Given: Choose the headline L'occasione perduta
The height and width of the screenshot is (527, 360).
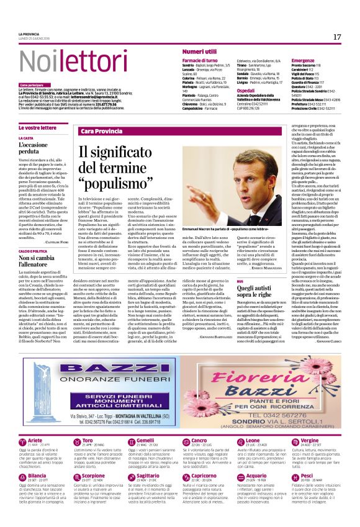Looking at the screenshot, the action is (x=32, y=148).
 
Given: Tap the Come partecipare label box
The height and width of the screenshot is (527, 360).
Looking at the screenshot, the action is (x=32, y=84).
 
